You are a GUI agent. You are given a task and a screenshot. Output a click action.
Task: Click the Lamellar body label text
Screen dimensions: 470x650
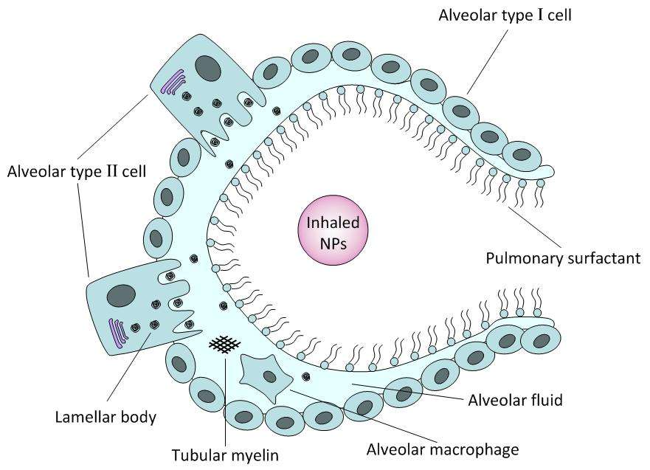coord(106,417)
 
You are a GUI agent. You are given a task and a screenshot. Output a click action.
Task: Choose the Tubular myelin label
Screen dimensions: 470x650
coord(225,455)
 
